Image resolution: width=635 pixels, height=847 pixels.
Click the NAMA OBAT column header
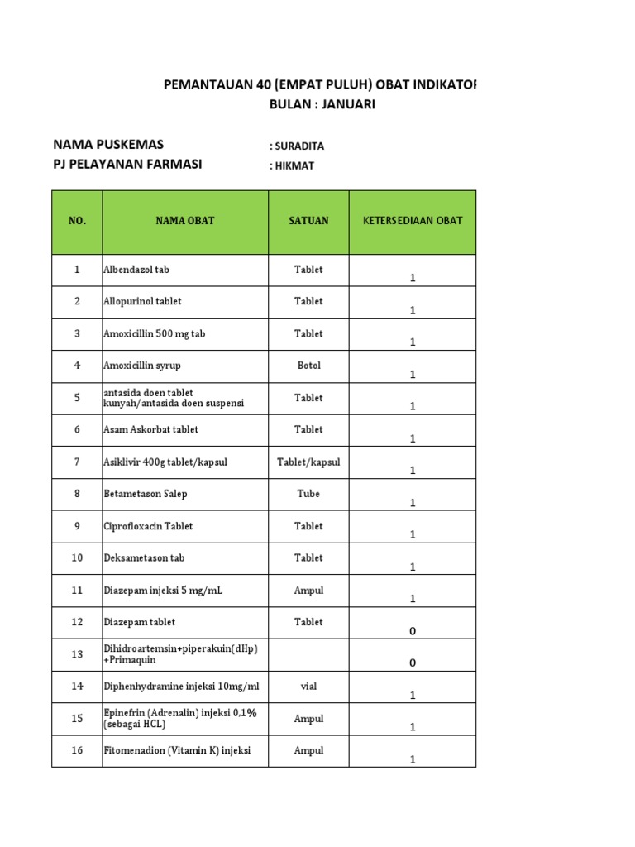185,221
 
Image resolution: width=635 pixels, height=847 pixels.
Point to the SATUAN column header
308,221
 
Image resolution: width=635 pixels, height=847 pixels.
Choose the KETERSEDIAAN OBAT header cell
413,221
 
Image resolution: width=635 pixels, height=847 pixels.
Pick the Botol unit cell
308,366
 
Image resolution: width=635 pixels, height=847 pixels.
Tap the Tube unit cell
308,494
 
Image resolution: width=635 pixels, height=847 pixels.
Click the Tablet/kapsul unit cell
308,462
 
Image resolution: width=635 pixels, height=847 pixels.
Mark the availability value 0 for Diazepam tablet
413,631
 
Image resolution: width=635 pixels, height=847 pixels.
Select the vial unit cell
308,687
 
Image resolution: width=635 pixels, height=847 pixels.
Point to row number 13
77,654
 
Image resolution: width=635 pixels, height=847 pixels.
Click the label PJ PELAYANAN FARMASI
127,164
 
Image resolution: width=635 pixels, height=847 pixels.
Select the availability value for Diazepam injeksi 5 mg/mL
413,599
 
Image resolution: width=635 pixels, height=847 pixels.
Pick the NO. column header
77,221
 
